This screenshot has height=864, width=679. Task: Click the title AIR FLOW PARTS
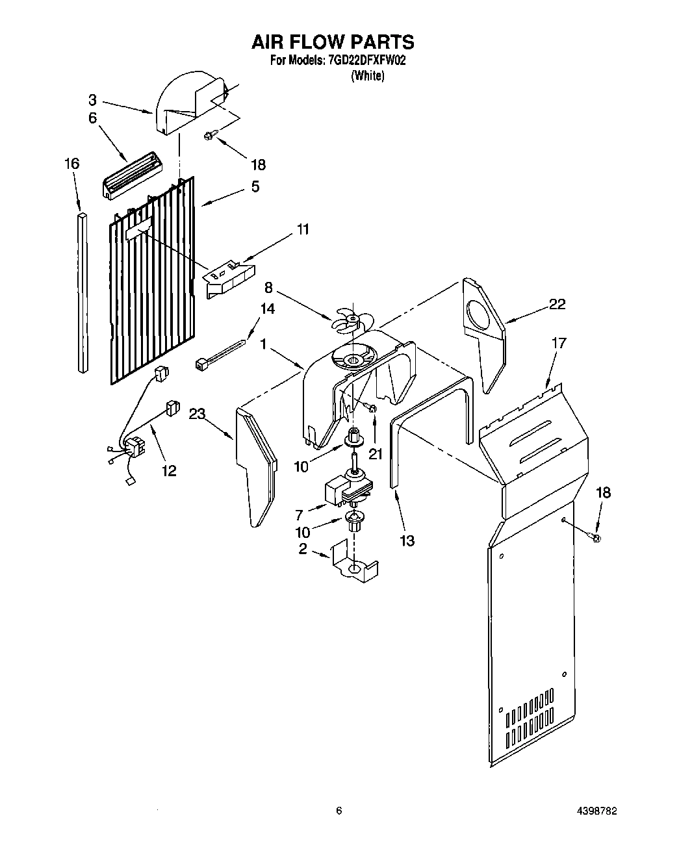333,42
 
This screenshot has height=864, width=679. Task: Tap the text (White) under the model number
368,76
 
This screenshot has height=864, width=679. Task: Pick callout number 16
72,164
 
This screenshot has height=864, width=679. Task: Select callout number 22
557,304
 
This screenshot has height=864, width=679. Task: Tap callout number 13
407,540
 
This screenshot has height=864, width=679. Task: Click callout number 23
198,413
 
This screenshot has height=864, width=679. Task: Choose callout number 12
169,470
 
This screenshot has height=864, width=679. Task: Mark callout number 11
303,229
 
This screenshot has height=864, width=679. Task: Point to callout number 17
559,342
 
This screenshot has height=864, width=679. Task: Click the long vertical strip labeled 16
82,292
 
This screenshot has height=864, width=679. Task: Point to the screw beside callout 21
372,408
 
